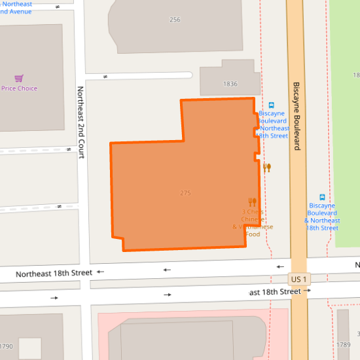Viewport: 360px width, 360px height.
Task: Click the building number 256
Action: [x=175, y=20]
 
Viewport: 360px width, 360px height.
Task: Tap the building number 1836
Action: [x=230, y=84]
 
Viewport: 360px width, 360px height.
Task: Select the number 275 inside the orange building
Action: [x=185, y=193]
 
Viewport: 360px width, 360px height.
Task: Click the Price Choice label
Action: [x=20, y=88]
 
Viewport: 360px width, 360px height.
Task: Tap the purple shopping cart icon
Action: [x=19, y=78]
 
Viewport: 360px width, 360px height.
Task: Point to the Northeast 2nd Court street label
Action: [x=81, y=122]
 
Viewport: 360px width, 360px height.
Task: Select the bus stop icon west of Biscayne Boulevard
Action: [x=272, y=105]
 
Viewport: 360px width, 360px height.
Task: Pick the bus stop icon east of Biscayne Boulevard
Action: [x=322, y=197]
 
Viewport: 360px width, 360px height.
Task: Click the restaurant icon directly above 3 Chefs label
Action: [x=252, y=202]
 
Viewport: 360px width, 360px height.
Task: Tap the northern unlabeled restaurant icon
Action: [x=266, y=168]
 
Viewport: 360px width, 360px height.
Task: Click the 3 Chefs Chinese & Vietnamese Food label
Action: [x=253, y=223]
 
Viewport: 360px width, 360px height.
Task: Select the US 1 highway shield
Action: [x=298, y=279]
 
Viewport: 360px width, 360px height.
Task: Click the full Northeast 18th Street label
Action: [x=54, y=273]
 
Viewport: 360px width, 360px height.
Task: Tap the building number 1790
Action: [x=6, y=346]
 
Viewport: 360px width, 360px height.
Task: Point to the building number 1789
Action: [x=344, y=344]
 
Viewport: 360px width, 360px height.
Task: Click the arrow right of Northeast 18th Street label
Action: [x=100, y=272]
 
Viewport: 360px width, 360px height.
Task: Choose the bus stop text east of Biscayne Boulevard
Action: [x=321, y=217]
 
